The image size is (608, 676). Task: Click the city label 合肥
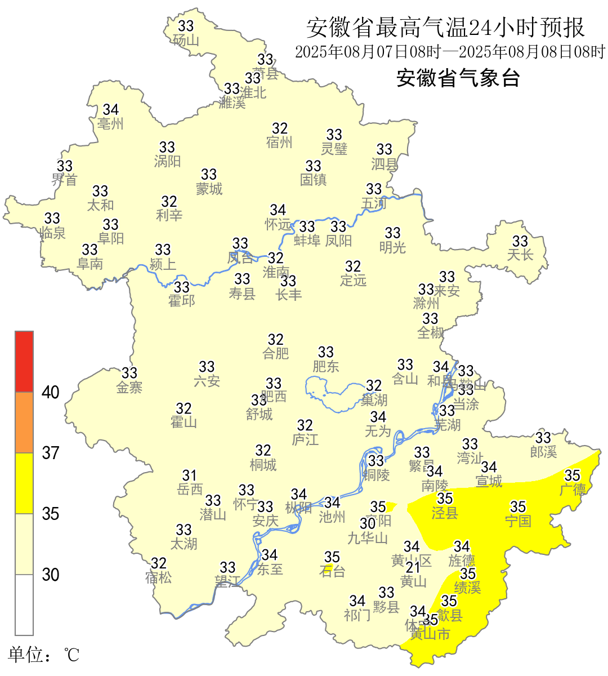point(276,354)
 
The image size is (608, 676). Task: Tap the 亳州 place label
point(110,124)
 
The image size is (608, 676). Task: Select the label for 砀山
point(186,41)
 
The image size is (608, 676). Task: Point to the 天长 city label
point(520,255)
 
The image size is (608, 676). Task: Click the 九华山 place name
point(368,539)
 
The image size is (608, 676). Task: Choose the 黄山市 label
point(430,634)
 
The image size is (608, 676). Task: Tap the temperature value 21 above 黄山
point(413,567)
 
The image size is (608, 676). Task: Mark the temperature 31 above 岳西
point(190,476)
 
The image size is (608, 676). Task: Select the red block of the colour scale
point(24,362)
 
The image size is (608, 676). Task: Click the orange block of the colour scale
point(24,422)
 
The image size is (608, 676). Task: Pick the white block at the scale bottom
point(24,604)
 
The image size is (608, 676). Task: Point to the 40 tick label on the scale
point(51,393)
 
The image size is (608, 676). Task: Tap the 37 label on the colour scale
point(51,453)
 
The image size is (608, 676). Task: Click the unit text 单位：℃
point(44,655)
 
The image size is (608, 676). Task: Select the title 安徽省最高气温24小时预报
point(445,28)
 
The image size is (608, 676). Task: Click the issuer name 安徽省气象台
point(458,78)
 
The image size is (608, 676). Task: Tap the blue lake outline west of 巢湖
point(332,394)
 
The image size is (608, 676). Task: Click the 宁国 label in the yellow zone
point(518,521)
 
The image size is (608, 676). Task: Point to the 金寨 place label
point(129,388)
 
